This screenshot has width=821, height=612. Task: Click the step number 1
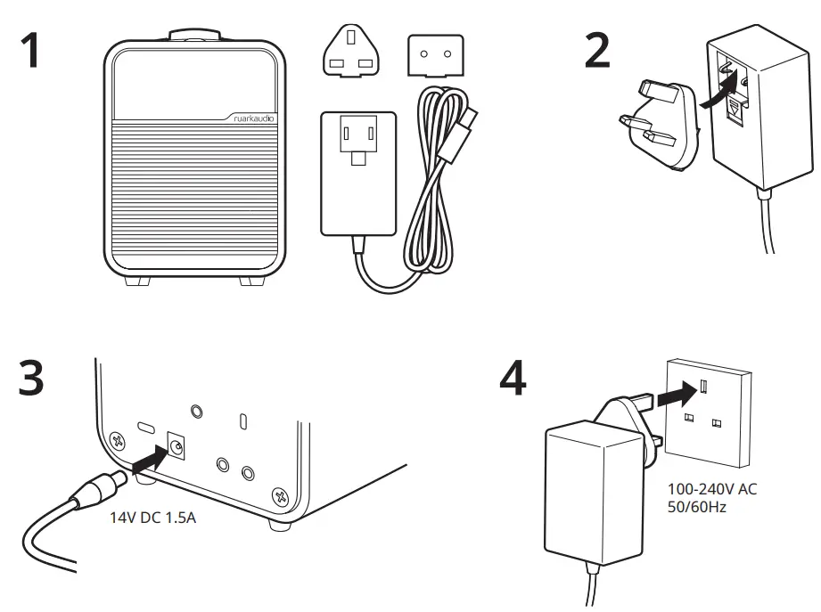coord(30,51)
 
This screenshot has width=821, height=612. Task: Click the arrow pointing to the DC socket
coord(146,460)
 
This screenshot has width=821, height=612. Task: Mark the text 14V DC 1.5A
coord(152,516)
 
